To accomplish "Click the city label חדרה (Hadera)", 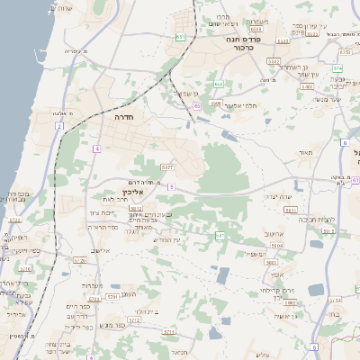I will [x=123, y=117].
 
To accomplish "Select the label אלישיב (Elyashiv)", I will [x=100, y=250].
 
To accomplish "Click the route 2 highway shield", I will [x=59, y=126].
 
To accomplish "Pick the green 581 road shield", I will [x=220, y=235].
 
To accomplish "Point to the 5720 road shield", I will [x=79, y=260].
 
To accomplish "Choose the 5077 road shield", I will [x=167, y=166].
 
